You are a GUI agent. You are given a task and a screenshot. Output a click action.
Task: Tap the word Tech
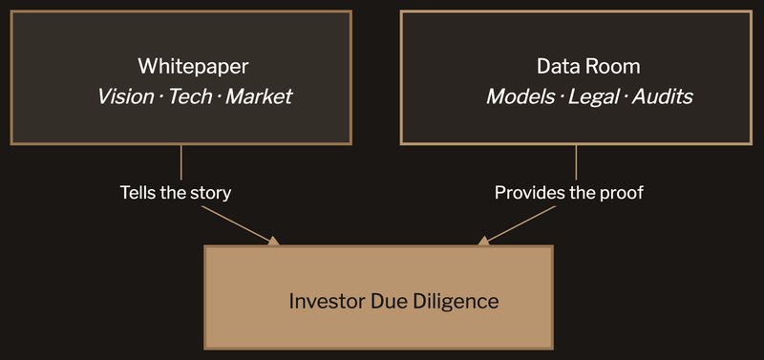pyautogui.click(x=191, y=96)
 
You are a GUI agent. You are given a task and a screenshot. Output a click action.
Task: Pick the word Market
pyautogui.click(x=259, y=96)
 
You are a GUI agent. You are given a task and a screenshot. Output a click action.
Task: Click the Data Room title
pyautogui.click(x=575, y=67)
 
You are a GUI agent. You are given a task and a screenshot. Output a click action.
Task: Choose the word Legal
pyautogui.click(x=593, y=96)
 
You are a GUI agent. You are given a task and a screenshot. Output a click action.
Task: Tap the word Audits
pyautogui.click(x=659, y=96)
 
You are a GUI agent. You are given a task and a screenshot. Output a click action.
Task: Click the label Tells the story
pyautogui.click(x=176, y=193)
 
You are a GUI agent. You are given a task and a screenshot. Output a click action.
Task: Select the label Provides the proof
pyautogui.click(x=569, y=193)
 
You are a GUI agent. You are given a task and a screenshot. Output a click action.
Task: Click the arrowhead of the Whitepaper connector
pyautogui.click(x=274, y=241)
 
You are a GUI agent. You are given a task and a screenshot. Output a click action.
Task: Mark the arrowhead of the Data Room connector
pyautogui.click(x=485, y=241)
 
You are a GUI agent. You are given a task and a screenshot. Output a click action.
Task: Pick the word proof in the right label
pyautogui.click(x=625, y=193)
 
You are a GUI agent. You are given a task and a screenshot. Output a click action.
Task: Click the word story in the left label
pyautogui.click(x=212, y=193)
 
